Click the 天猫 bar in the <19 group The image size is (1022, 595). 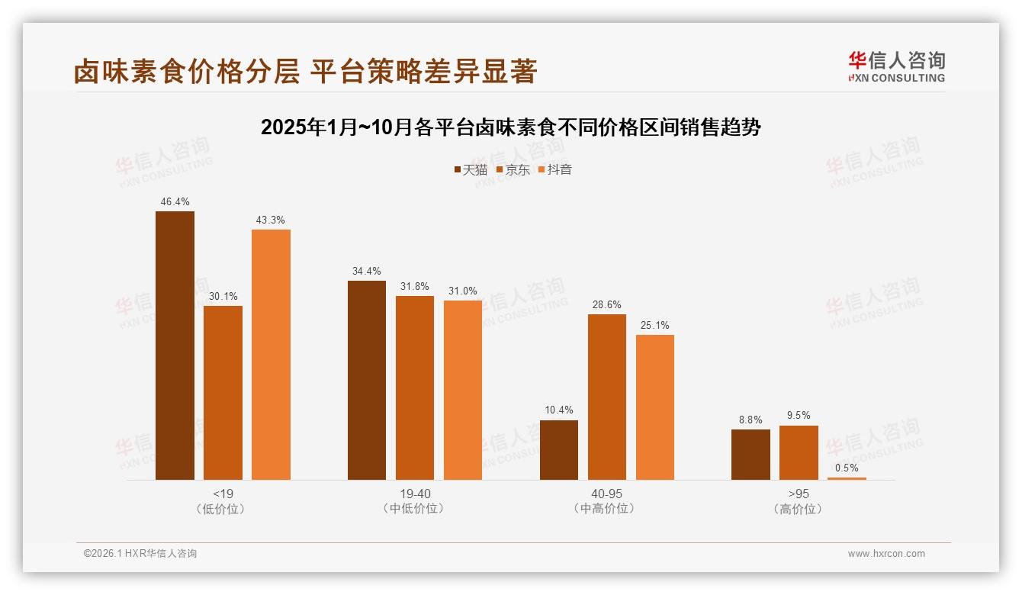tap(175, 346)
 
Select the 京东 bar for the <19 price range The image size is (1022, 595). tap(223, 393)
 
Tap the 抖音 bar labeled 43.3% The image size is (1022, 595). tap(271, 355)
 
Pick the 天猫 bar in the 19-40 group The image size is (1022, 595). tap(367, 380)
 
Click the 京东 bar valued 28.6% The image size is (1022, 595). tap(607, 397)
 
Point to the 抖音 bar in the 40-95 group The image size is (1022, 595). tap(655, 407)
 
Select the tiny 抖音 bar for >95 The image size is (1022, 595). tap(847, 478)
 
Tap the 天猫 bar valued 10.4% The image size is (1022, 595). tap(559, 450)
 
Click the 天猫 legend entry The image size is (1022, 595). tap(471, 169)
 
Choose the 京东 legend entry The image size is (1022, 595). tap(513, 169)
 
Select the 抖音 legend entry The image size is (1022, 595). tap(555, 169)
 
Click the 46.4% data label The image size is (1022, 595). tap(175, 202)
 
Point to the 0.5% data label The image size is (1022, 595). tap(847, 468)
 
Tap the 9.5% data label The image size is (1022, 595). tap(799, 416)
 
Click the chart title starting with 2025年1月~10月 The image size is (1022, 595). tap(511, 127)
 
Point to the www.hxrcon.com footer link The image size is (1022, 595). tap(886, 554)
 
